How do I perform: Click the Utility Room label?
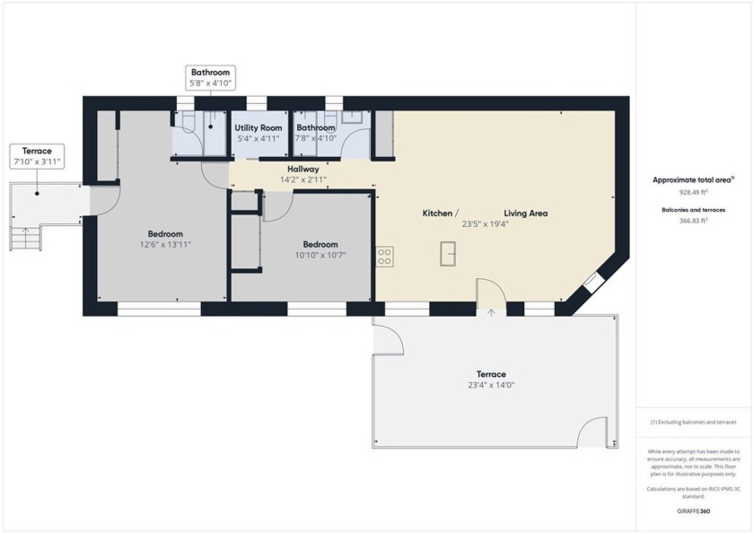tap(259, 128)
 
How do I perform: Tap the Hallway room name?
tap(302, 169)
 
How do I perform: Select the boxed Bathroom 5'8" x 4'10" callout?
tap(209, 77)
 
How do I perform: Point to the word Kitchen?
tap(438, 214)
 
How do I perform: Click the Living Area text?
tap(525, 214)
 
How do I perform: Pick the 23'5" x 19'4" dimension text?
tap(485, 224)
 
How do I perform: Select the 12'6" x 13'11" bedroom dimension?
tap(165, 244)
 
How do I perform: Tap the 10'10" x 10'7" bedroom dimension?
tap(320, 255)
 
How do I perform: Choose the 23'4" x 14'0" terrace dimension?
tap(491, 385)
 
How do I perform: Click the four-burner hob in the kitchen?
tap(384, 257)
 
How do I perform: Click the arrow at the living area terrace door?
tap(491, 312)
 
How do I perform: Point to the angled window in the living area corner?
tap(592, 281)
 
